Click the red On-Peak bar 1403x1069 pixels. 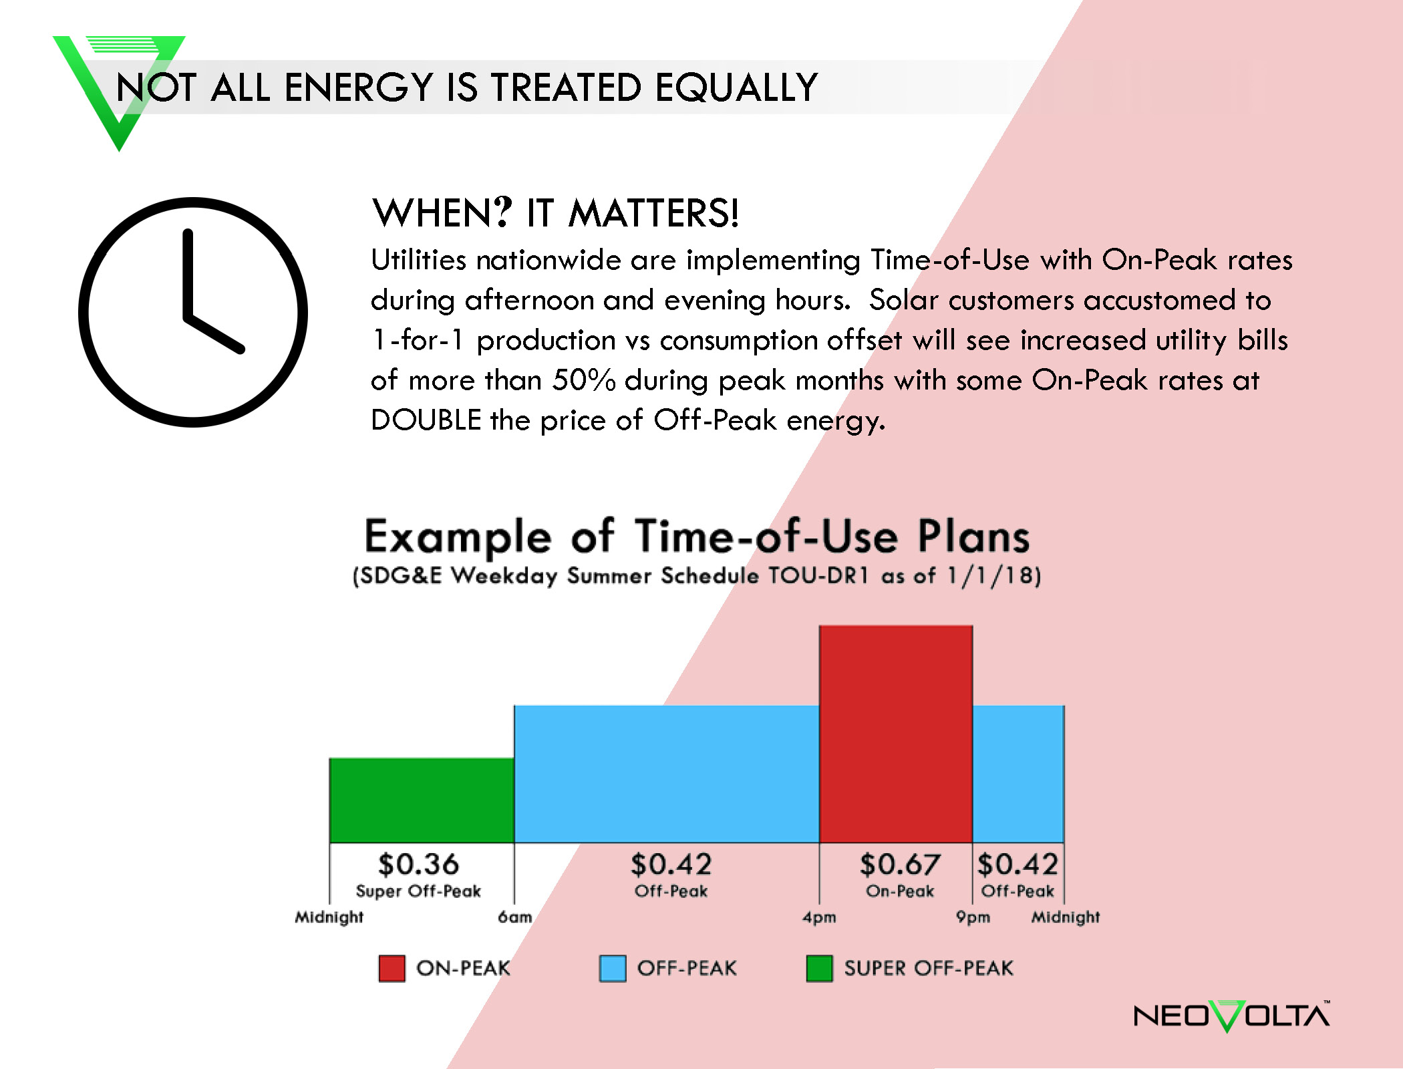[x=896, y=734]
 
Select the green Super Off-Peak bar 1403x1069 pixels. [x=422, y=800]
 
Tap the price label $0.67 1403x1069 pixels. [x=900, y=864]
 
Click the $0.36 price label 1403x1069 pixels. [x=418, y=864]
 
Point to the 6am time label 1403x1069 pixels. [x=515, y=917]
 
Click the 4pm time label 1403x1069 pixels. [x=819, y=917]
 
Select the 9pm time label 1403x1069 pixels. [x=973, y=917]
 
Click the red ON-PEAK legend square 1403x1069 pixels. [x=392, y=968]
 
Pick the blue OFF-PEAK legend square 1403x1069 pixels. [x=613, y=968]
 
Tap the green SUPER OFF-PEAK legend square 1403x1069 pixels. [x=819, y=968]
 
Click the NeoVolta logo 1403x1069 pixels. [x=1232, y=1016]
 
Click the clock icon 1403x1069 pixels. [x=193, y=312]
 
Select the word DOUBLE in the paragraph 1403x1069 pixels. [x=426, y=420]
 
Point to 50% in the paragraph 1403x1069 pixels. [x=583, y=380]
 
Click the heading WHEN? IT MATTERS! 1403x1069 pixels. [x=555, y=213]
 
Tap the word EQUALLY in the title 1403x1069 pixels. [x=736, y=88]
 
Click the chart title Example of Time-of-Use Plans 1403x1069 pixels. [x=697, y=537]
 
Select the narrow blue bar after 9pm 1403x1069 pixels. [x=1018, y=774]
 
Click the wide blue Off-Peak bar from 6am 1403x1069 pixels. [x=667, y=774]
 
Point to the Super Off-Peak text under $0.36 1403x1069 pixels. [x=418, y=891]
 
